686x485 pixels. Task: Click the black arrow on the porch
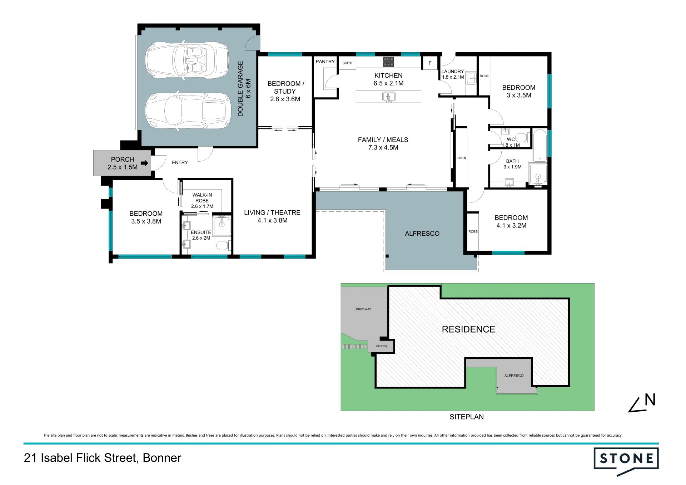coord(144,163)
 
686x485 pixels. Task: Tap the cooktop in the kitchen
coord(388,62)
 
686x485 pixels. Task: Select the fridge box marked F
coord(430,63)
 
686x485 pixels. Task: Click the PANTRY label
coord(325,62)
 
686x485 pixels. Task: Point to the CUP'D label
coord(347,63)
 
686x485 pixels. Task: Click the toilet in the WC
coord(522,137)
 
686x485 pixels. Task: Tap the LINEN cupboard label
coord(461,158)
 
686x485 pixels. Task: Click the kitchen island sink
coord(388,97)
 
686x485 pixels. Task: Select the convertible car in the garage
coord(187,60)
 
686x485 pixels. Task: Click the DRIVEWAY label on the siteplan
coord(363,309)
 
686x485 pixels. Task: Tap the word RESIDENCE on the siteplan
coord(468,329)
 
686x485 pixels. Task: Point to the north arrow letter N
coord(650,400)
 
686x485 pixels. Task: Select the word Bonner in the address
coord(162,458)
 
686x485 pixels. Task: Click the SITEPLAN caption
coord(467,417)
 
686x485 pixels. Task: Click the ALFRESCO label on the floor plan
coord(422,234)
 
